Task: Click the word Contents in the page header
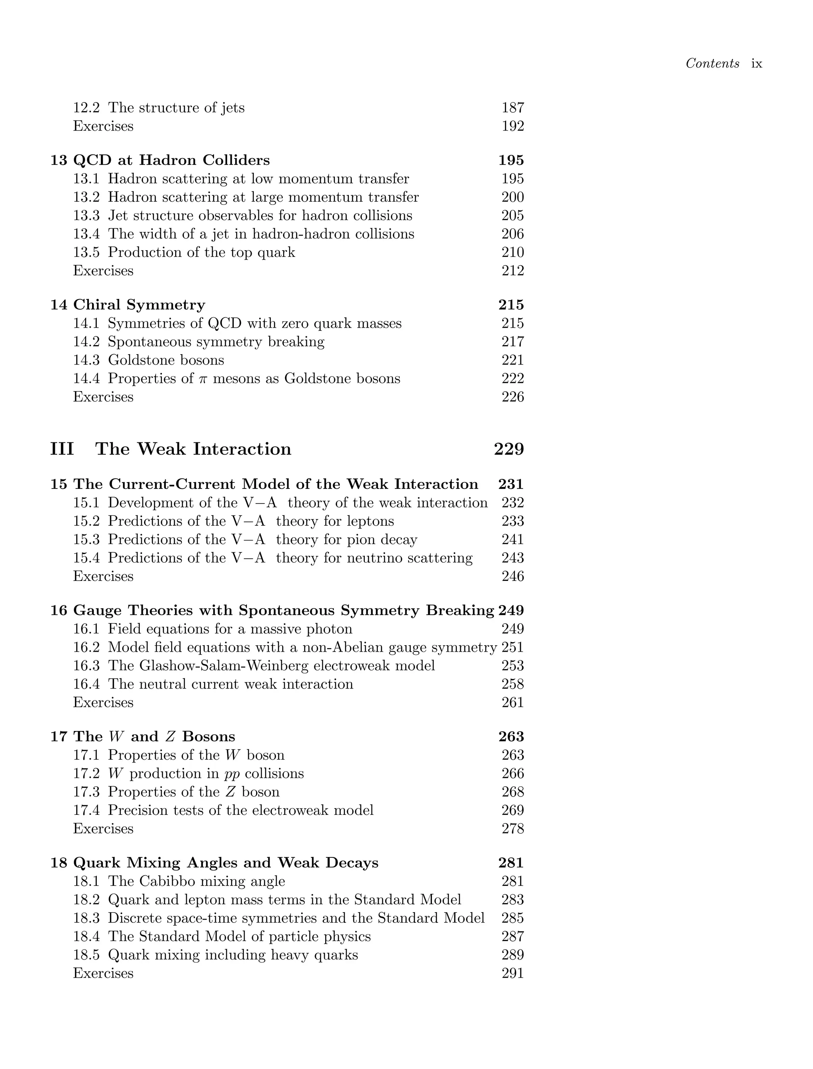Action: click(x=712, y=64)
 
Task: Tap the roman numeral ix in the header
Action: click(x=756, y=64)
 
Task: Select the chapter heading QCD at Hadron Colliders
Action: click(x=171, y=160)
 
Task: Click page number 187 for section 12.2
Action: click(x=512, y=108)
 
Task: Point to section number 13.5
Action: click(x=86, y=252)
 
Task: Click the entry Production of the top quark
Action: click(x=201, y=252)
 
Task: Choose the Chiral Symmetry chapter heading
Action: click(x=139, y=305)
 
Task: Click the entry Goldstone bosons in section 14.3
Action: click(x=166, y=360)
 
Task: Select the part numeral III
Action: click(x=62, y=449)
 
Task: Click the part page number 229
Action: click(x=509, y=449)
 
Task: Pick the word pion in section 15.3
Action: click(x=365, y=539)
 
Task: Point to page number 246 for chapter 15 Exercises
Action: click(x=512, y=576)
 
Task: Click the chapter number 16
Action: click(x=59, y=610)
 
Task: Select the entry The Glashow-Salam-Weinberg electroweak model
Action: click(x=271, y=666)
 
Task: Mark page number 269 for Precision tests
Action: click(x=512, y=810)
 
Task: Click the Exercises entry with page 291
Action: click(x=103, y=973)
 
